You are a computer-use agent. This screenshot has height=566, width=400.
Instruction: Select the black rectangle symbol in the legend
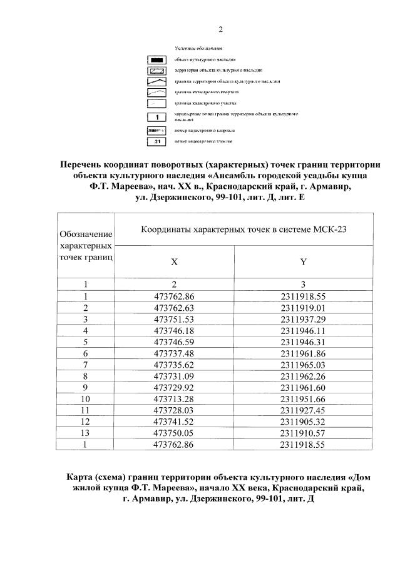tap(157, 59)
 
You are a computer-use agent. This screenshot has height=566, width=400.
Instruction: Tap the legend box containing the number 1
tap(157, 117)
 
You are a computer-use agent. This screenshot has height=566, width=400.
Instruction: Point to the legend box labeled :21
tap(157, 142)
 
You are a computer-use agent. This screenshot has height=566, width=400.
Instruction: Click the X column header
tap(174, 262)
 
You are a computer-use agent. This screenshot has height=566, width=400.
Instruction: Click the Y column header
tap(304, 262)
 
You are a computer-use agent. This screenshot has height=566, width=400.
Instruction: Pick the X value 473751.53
tap(174, 318)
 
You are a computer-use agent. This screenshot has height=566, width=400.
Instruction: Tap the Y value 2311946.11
tap(304, 330)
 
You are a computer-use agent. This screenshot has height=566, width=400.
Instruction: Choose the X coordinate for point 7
tap(174, 364)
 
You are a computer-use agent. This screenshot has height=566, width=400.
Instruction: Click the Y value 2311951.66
tap(304, 398)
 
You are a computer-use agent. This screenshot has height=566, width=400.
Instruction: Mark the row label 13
tap(86, 432)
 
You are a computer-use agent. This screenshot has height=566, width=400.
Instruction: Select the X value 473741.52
tap(174, 421)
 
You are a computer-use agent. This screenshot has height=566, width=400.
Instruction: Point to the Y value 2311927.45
tap(304, 410)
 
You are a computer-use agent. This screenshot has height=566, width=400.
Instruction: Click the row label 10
tap(86, 398)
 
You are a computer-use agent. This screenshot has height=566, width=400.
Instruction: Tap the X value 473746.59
tap(174, 341)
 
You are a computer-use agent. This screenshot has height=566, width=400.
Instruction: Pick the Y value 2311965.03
tap(304, 364)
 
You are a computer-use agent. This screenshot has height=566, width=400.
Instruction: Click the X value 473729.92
tap(174, 387)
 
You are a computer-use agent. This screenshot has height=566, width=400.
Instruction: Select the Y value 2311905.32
tap(304, 421)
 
